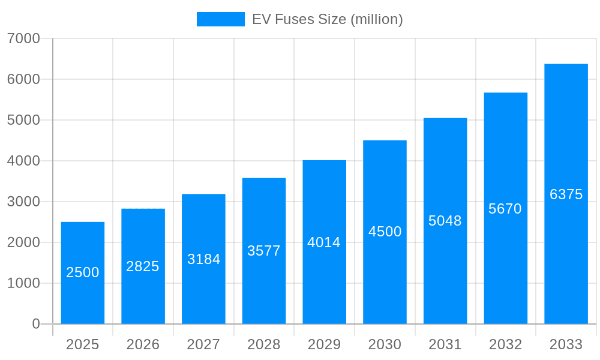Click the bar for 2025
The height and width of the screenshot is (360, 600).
(83, 273)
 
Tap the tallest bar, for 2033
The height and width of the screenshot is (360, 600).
(566, 194)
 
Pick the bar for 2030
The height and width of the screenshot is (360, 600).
(385, 232)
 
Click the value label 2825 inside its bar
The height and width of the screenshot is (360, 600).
(143, 266)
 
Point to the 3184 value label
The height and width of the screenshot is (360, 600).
(204, 259)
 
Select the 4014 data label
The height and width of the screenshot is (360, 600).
(324, 242)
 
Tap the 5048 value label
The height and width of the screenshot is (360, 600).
(445, 221)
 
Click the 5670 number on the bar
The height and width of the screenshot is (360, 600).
(505, 209)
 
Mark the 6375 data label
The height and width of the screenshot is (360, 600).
(566, 194)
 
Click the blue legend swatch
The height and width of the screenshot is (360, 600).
(221, 19)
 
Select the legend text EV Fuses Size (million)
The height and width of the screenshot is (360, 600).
(327, 19)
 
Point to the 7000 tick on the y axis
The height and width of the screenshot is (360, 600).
(23, 38)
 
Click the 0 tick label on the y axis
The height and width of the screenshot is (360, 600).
(35, 324)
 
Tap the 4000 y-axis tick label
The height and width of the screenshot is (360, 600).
(23, 161)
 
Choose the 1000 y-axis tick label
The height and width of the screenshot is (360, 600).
(23, 283)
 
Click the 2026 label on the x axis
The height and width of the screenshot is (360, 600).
(143, 344)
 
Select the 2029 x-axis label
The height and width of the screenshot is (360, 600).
(324, 344)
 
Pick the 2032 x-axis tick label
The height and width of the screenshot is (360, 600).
(505, 344)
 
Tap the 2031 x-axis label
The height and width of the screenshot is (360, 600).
(445, 344)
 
